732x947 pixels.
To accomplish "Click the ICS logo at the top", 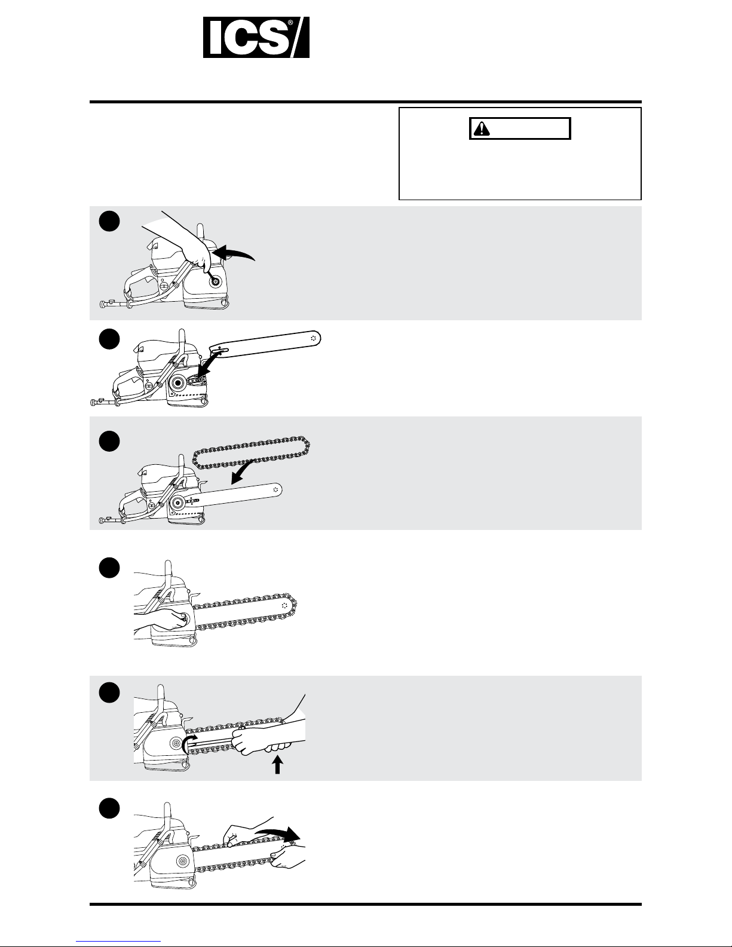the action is tap(256, 37).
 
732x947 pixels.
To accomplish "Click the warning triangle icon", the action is tap(482, 128).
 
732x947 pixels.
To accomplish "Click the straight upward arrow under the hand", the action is tap(277, 764).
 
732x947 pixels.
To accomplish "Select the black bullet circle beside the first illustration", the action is tap(109, 222).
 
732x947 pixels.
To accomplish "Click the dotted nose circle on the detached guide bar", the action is tap(313, 338).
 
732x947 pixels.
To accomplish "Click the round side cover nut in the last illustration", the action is tap(182, 862).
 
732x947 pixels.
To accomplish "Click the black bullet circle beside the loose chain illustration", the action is tap(109, 441).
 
